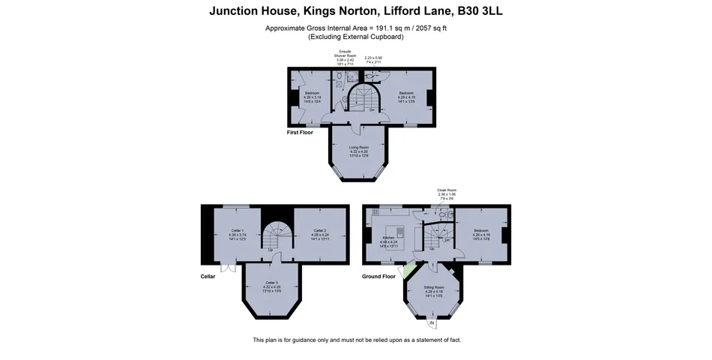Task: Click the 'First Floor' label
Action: [x=300, y=132]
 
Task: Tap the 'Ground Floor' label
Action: [x=378, y=276]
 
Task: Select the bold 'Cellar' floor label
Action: [x=208, y=276]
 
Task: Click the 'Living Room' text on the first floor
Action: [x=359, y=148]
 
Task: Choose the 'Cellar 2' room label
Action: [x=319, y=230]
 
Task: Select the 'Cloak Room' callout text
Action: [x=447, y=190]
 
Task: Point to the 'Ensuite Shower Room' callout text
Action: [x=346, y=55]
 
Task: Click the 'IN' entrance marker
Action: [x=432, y=323]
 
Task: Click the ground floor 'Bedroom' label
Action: [x=481, y=230]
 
